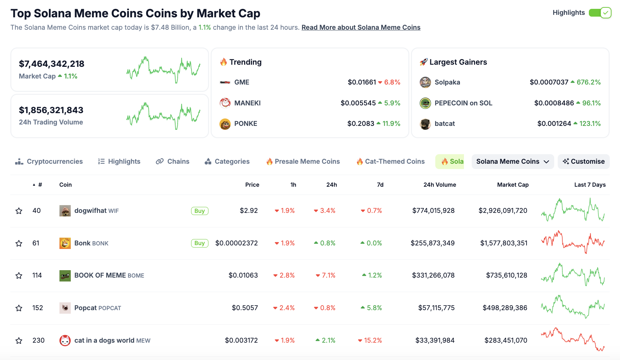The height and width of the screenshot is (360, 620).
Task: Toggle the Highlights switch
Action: [600, 13]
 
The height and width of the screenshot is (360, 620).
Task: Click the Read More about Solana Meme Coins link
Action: [361, 28]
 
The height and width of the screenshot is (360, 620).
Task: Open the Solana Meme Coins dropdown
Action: [512, 162]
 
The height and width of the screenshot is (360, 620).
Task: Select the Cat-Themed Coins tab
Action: [391, 162]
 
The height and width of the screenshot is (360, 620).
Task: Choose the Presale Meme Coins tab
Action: [303, 162]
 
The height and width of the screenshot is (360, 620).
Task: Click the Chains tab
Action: [173, 162]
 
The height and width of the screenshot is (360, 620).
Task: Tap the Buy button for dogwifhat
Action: [200, 211]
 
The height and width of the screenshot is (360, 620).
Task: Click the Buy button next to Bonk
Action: [200, 243]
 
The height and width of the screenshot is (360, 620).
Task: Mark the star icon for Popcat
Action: [19, 308]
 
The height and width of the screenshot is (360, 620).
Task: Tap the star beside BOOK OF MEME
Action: [19, 275]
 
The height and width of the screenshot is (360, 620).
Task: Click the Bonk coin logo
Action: [65, 243]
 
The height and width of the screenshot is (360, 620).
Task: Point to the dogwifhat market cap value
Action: [503, 211]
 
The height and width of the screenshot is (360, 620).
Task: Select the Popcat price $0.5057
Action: [245, 308]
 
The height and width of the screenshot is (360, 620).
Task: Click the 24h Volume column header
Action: [440, 185]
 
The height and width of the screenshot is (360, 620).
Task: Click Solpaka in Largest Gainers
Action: [447, 82]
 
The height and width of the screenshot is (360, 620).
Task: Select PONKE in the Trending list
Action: [245, 124]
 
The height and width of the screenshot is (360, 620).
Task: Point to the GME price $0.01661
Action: [362, 82]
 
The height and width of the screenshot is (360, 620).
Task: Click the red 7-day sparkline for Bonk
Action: [573, 243]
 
